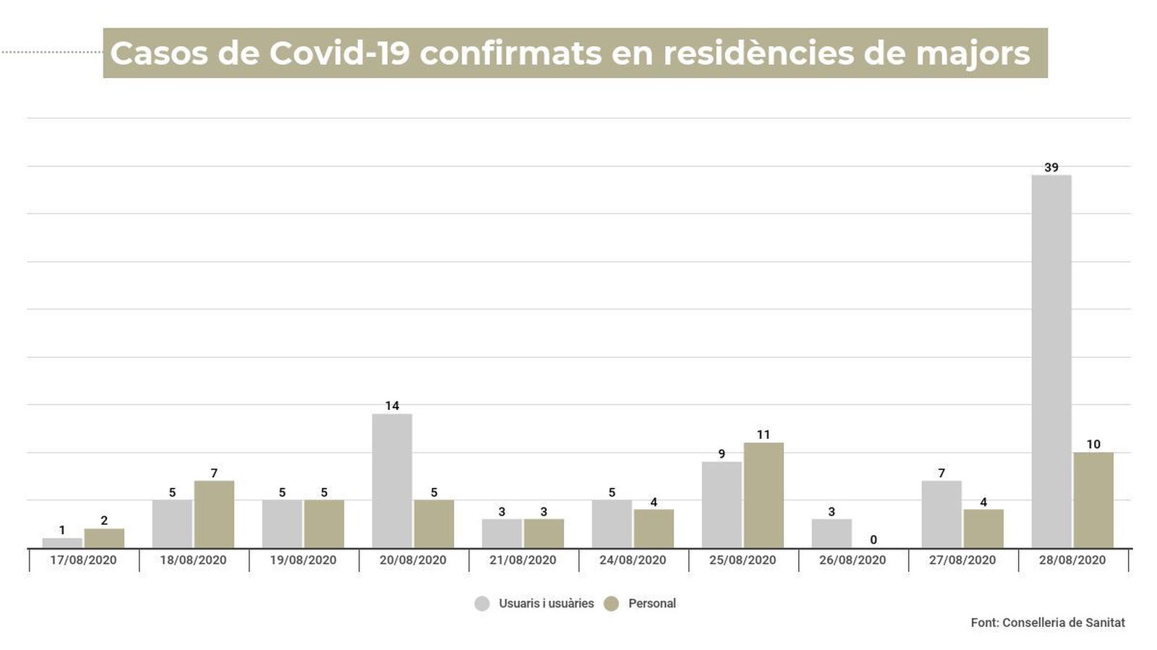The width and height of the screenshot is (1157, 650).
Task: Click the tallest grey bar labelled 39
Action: (1051, 362)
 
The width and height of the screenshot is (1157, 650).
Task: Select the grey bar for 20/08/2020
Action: (392, 481)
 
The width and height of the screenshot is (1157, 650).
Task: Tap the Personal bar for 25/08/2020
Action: (764, 495)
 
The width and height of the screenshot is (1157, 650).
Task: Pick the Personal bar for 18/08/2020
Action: (214, 514)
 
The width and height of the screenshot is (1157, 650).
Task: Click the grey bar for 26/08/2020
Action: (832, 534)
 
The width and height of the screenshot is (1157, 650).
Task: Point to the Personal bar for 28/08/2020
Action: (1093, 500)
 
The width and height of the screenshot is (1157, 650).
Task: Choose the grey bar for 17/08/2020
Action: (62, 543)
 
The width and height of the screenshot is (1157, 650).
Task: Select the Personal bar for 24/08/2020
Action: (654, 529)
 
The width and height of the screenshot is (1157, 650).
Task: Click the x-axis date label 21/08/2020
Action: (523, 560)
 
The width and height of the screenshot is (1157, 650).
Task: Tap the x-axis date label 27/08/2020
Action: (962, 560)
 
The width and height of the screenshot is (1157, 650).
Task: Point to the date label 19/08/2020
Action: (303, 560)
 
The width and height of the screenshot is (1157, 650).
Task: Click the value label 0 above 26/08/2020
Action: (874, 540)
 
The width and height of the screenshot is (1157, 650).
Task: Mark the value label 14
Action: (392, 406)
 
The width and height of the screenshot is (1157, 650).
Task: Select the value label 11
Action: (764, 435)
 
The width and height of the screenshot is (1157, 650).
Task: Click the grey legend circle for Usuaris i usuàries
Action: (482, 604)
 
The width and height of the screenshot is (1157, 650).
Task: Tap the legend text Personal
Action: (652, 604)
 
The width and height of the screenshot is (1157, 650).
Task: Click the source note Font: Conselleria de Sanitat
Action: (1048, 623)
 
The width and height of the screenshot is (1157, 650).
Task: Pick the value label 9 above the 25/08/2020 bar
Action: (722, 454)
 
